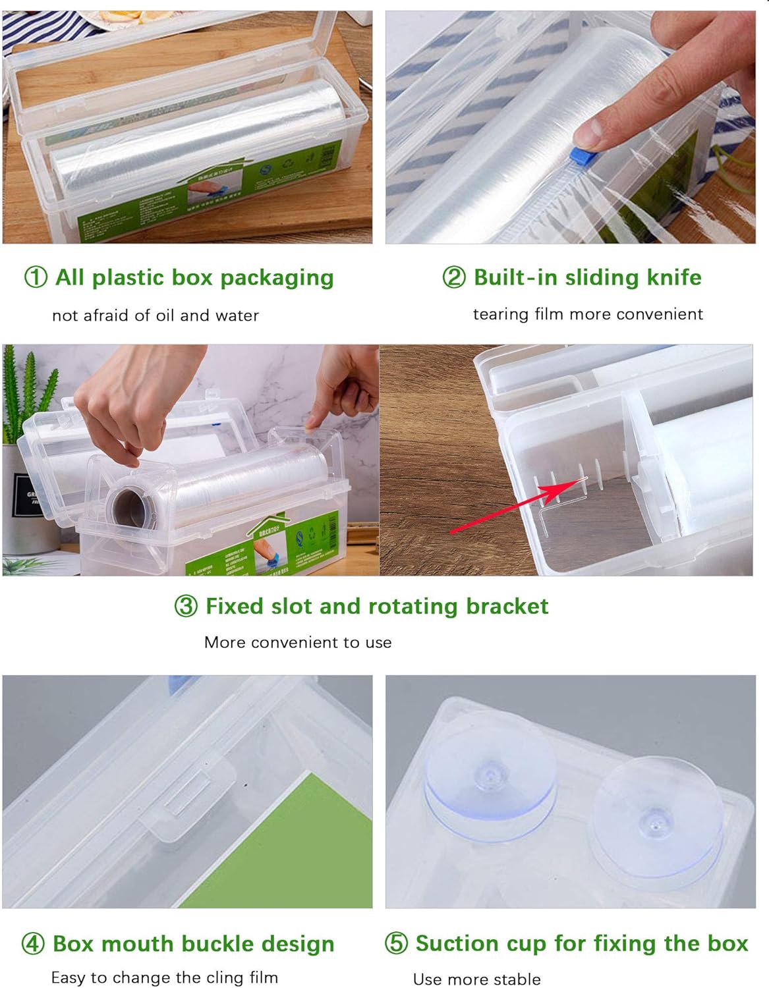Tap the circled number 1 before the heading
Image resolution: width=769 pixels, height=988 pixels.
36,277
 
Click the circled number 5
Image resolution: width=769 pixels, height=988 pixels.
396,943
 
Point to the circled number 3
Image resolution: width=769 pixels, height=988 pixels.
186,606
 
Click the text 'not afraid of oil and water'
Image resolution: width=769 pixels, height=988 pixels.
156,316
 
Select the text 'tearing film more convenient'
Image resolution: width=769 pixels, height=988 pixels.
588,314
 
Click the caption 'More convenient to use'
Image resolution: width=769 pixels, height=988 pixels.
298,642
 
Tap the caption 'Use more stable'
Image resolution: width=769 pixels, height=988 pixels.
476,979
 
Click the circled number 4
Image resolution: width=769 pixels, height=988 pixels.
33,944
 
